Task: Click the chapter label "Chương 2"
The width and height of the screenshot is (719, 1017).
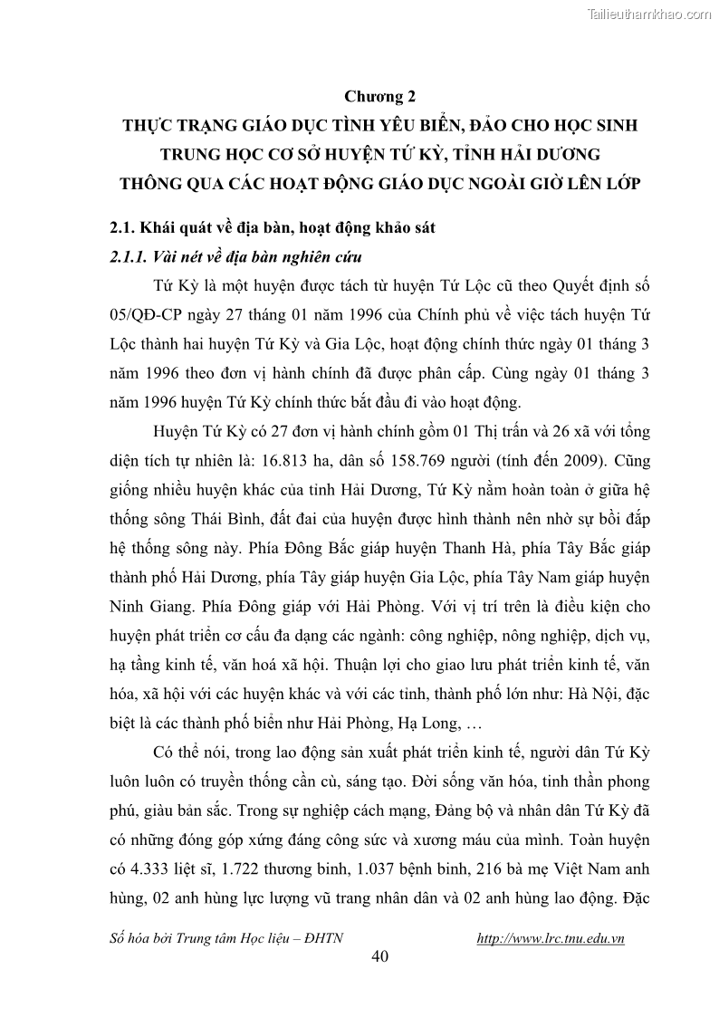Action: click(x=379, y=94)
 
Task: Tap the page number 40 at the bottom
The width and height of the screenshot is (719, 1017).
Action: click(x=380, y=959)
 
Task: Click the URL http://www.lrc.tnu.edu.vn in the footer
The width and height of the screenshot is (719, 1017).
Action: click(x=551, y=938)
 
